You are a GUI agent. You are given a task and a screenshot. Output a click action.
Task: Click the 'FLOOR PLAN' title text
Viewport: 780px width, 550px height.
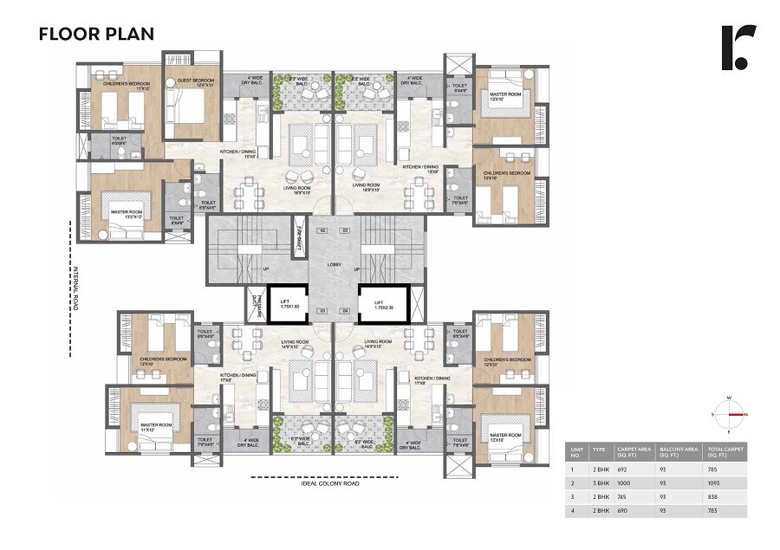click(96, 35)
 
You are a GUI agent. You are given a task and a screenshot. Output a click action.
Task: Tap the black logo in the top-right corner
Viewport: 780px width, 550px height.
click(738, 48)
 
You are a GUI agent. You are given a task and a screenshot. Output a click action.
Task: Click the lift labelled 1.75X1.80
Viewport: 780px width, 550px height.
click(289, 303)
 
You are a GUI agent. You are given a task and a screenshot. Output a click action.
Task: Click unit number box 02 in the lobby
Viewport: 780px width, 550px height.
click(322, 230)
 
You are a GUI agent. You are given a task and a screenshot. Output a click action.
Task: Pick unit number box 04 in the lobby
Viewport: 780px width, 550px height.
click(344, 310)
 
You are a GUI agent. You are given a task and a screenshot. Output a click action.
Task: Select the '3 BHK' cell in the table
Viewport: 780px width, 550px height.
click(598, 483)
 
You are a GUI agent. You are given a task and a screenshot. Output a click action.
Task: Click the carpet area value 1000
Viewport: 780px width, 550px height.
click(622, 483)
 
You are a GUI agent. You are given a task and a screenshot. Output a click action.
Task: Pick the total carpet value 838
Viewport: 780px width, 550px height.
click(713, 498)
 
